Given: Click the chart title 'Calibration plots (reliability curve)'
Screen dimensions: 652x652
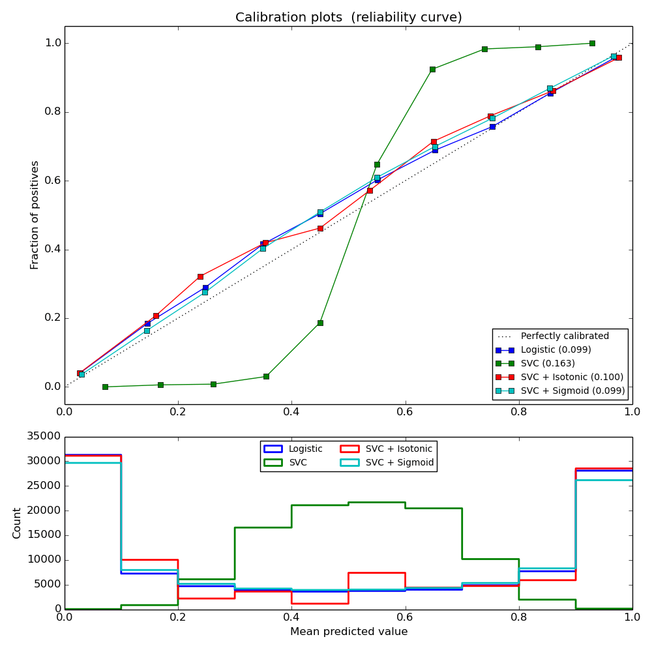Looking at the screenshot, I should [348, 18].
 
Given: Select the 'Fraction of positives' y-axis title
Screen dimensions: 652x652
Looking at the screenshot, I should [35, 215].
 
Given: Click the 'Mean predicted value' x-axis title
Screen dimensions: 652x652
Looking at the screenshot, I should [348, 632].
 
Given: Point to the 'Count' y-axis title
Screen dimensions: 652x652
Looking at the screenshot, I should [17, 523].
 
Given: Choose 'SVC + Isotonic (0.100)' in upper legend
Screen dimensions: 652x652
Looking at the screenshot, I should [572, 377].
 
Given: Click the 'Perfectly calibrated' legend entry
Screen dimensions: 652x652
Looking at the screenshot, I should [565, 336].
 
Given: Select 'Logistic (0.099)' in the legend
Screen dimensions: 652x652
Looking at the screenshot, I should [556, 349].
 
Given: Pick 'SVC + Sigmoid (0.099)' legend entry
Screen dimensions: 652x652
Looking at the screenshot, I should [572, 391].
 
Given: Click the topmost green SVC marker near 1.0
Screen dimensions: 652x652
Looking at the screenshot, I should [592, 43].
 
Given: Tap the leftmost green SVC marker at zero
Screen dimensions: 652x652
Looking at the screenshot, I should [105, 387].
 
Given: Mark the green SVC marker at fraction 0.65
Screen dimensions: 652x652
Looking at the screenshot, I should [377, 164].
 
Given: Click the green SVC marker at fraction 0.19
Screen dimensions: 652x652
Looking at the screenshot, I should [320, 323].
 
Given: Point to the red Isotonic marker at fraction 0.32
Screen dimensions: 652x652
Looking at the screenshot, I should [200, 276].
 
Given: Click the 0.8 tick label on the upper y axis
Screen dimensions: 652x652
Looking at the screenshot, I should [52, 111].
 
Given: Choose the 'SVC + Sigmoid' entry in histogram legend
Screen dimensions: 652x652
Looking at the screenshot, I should [398, 462].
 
